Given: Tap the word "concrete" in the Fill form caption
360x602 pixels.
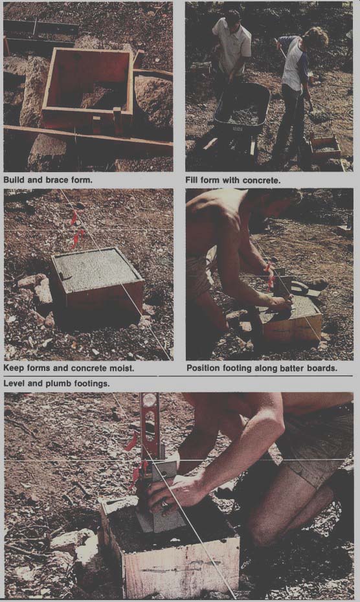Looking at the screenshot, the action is tap(262, 180).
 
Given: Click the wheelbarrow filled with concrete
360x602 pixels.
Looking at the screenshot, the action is tap(242, 112).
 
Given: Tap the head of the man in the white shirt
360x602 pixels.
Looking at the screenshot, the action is tap(233, 17).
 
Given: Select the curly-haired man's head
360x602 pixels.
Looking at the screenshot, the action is tap(316, 38).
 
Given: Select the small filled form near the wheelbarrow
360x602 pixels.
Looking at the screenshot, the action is tap(326, 147).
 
